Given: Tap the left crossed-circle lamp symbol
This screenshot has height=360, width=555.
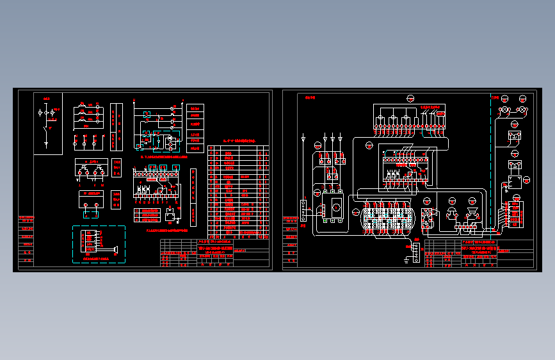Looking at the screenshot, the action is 504,111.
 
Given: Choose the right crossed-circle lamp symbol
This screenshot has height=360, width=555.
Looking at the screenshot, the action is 522,111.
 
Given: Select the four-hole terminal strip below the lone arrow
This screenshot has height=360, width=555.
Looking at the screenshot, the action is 303,210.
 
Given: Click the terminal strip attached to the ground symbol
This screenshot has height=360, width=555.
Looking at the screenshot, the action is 417,252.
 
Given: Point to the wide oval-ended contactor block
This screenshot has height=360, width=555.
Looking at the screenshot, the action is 387,217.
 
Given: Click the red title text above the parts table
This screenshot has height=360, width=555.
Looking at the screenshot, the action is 238,140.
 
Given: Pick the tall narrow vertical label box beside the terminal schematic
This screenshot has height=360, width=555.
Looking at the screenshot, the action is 193,197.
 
